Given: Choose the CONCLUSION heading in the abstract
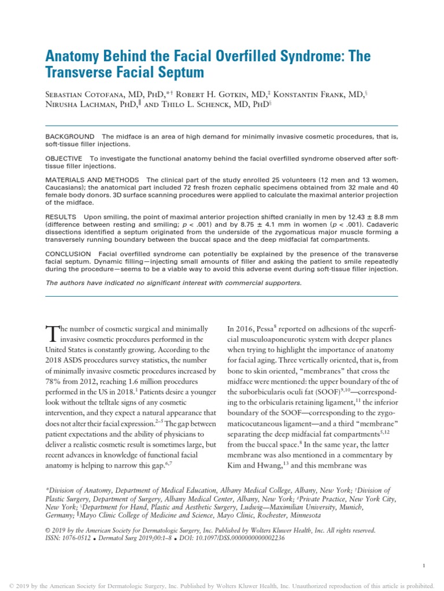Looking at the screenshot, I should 68,254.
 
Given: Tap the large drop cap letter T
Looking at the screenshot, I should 52,334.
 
